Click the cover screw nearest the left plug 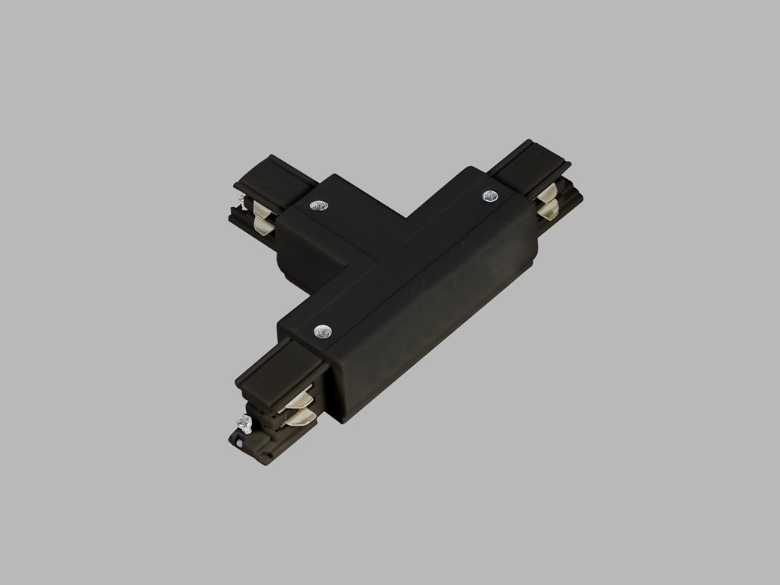click(x=318, y=204)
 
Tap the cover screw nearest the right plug click(x=490, y=196)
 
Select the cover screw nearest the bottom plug click(x=322, y=331)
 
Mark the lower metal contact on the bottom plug click(x=299, y=415)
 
